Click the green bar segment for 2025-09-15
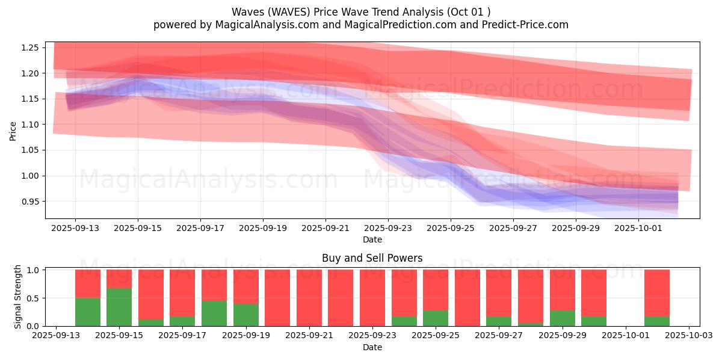pyautogui.click(x=119, y=307)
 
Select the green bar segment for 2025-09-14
pyautogui.click(x=88, y=312)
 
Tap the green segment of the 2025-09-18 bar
pyautogui.click(x=214, y=313)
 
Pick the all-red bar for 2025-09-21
pyautogui.click(x=309, y=298)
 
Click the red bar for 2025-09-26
pyautogui.click(x=467, y=298)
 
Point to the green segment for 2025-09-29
pyautogui.click(x=562, y=318)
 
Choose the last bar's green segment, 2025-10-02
pyautogui.click(x=656, y=321)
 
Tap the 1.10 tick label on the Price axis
pyautogui.click(x=30, y=125)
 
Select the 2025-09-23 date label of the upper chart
pyautogui.click(x=388, y=228)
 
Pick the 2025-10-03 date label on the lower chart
pyautogui.click(x=689, y=336)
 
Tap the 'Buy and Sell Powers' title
pyautogui.click(x=372, y=258)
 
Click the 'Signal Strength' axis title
pyautogui.click(x=18, y=297)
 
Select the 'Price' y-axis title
pyautogui.click(x=13, y=131)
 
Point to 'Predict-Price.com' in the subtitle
pyautogui.click(x=529, y=25)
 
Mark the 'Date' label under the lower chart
pyautogui.click(x=372, y=347)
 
